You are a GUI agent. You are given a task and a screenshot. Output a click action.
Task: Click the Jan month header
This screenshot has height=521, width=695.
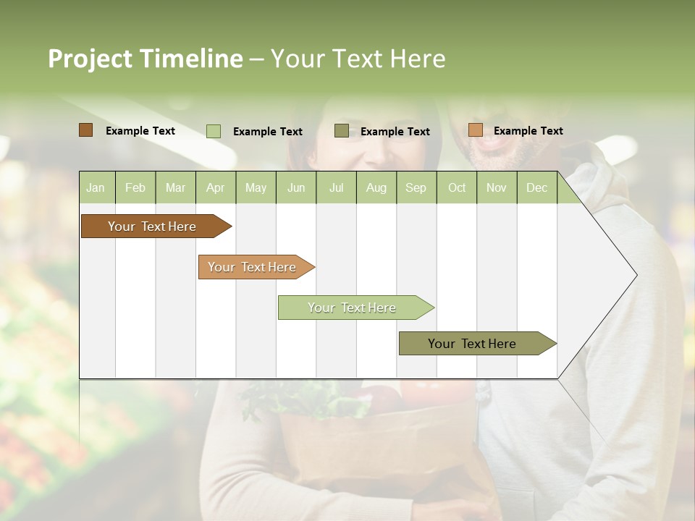click(x=96, y=188)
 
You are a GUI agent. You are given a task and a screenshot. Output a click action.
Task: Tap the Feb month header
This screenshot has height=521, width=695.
click(x=135, y=188)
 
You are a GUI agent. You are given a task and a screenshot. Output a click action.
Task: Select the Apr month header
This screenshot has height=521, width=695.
click(x=215, y=188)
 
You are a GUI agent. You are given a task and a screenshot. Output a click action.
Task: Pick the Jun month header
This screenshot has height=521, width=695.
click(x=296, y=188)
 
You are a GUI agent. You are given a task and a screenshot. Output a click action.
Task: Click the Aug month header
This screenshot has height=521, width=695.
click(x=376, y=188)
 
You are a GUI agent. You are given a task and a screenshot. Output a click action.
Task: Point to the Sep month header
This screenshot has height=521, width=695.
click(x=416, y=188)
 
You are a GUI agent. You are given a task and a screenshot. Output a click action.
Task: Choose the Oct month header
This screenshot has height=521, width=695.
click(x=457, y=188)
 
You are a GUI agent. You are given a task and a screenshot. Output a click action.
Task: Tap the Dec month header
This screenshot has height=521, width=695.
click(x=536, y=188)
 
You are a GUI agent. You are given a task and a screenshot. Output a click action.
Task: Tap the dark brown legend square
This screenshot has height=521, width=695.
click(x=86, y=130)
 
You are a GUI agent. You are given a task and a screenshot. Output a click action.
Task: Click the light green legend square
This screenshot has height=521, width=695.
click(x=214, y=131)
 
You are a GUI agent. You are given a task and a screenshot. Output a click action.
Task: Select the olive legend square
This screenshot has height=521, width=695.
click(x=342, y=131)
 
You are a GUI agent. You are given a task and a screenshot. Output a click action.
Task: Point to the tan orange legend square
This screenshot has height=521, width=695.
click(x=475, y=130)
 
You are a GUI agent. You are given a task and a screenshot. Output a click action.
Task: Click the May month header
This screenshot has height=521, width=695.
click(x=256, y=188)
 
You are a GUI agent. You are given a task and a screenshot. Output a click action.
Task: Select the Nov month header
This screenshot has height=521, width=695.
click(x=497, y=188)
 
